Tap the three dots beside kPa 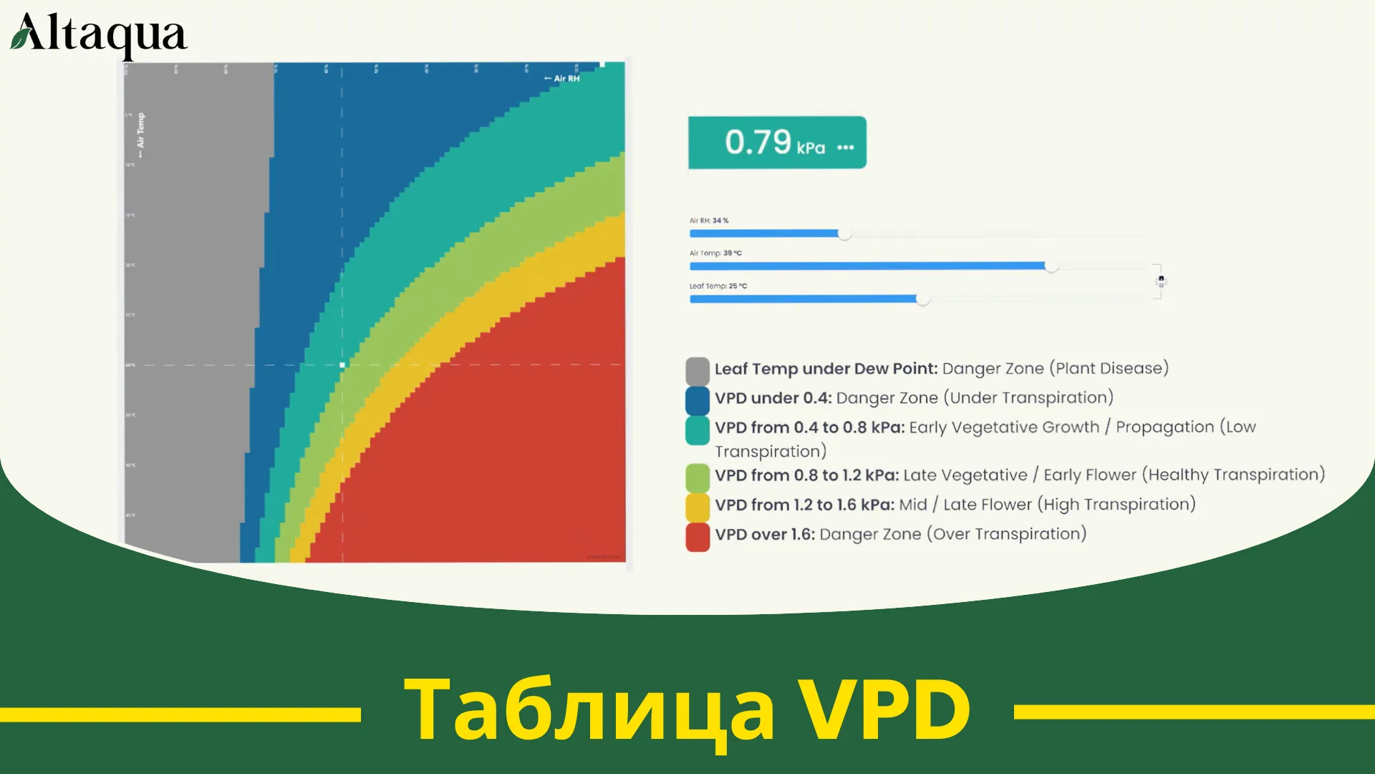[846, 148]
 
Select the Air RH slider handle [844, 234]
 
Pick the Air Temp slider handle [1051, 266]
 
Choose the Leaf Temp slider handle [922, 299]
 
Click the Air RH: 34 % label [708, 221]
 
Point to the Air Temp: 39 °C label [715, 253]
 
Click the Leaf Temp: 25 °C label [718, 286]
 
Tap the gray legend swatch [697, 371]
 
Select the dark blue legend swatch [697, 401]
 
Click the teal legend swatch [697, 430]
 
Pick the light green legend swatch [697, 477]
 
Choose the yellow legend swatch [697, 507]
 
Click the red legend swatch [697, 537]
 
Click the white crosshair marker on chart [342, 365]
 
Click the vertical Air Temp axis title [140, 134]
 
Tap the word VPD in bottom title [884, 709]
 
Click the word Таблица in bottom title [589, 709]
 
